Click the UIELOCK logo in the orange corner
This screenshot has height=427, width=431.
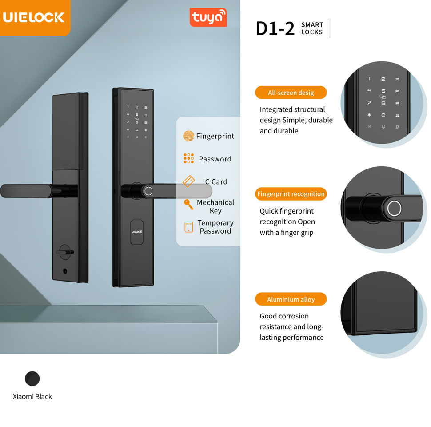pyautogui.click(x=34, y=17)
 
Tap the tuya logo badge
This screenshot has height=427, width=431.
pyautogui.click(x=208, y=17)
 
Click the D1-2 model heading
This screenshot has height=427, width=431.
pyautogui.click(x=275, y=28)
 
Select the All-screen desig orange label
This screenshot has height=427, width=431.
pyautogui.click(x=291, y=93)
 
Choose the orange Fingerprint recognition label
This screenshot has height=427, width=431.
pyautogui.click(x=291, y=194)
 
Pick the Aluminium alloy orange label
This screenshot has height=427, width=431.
pyautogui.click(x=291, y=299)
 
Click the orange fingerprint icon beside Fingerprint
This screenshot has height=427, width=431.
pyautogui.click(x=188, y=136)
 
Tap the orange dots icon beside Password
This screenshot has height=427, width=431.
pyautogui.click(x=188, y=159)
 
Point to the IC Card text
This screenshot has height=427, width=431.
pyautogui.click(x=215, y=181)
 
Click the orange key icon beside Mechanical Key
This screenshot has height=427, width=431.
pyautogui.click(x=188, y=204)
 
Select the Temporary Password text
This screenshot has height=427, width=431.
pyautogui.click(x=215, y=227)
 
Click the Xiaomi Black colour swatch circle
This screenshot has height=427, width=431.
pyautogui.click(x=32, y=379)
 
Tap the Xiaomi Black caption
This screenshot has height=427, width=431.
pyautogui.click(x=32, y=396)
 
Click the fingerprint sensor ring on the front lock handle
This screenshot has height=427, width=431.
pyautogui.click(x=148, y=191)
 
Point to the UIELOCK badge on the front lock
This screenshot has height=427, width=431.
pyautogui.click(x=136, y=232)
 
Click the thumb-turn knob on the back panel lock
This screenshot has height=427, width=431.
pyautogui.click(x=65, y=252)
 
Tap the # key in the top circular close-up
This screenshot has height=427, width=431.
pyautogui.click(x=397, y=116)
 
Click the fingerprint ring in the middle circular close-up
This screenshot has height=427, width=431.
pyautogui.click(x=394, y=208)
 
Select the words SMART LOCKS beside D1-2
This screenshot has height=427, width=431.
pyautogui.click(x=312, y=28)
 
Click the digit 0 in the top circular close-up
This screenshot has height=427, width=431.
pyautogui.click(x=383, y=115)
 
